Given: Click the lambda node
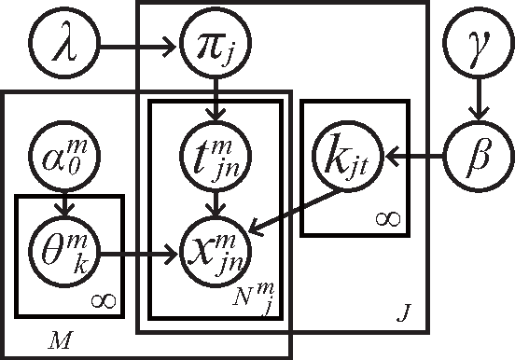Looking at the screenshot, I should pos(63,43).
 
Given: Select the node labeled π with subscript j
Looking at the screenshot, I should pos(216,43).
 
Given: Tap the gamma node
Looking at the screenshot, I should pos(478,43).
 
